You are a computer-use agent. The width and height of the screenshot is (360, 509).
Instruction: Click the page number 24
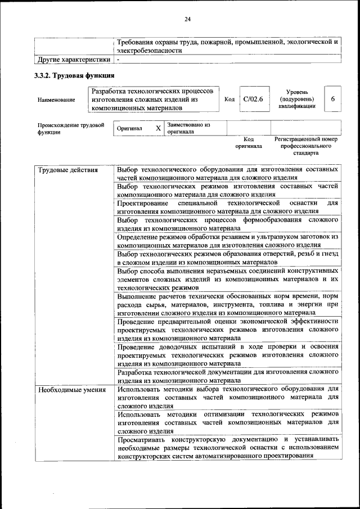188,20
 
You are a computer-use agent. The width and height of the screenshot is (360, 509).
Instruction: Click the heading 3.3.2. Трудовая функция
74,75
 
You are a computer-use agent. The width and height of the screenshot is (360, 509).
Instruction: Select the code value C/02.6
250,99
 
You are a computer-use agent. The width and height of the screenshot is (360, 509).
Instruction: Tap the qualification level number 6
333,99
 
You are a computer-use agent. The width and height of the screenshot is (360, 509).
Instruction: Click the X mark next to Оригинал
158,128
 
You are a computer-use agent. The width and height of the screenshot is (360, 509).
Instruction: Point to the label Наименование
56,100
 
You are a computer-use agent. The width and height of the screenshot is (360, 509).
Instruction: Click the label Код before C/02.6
229,100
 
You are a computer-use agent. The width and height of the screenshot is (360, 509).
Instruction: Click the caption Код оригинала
249,142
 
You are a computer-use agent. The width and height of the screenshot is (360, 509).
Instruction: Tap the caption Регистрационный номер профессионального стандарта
305,145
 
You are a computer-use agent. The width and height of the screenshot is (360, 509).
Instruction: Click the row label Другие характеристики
73,59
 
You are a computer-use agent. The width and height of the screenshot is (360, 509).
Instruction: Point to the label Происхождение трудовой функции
71,129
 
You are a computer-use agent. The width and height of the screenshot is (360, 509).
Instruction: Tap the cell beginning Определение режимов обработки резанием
227,241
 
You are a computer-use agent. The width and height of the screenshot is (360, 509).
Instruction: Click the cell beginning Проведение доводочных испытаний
227,355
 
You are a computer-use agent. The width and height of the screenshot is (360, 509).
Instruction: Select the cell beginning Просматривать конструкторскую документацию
227,447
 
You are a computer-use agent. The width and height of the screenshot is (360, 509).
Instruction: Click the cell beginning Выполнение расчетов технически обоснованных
227,304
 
